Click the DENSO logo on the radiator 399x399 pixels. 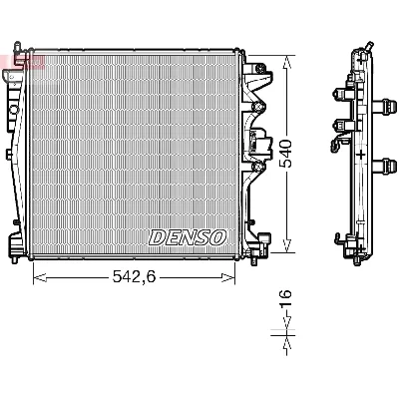[x=187, y=237]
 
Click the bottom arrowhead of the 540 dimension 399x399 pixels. [x=286, y=248]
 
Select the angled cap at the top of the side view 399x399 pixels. [x=367, y=47]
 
